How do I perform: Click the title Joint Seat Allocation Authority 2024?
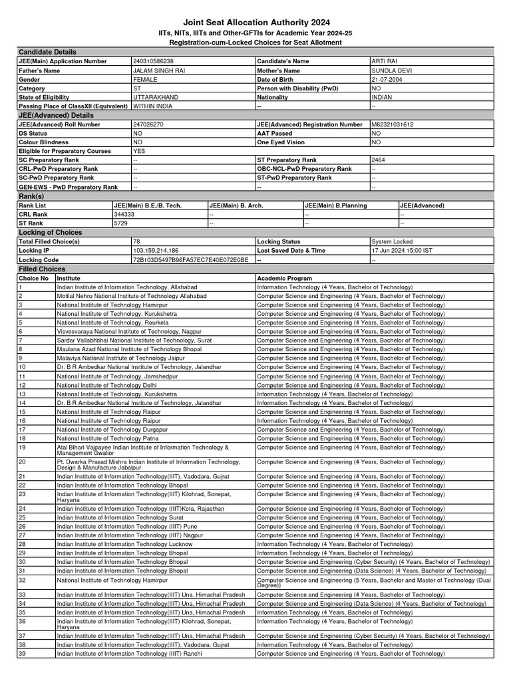point(255,22)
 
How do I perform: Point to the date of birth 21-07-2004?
point(387,79)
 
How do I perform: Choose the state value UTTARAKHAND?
point(156,97)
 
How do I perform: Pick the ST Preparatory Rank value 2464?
point(379,160)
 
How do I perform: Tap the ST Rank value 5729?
point(121,224)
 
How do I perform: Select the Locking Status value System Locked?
point(393,242)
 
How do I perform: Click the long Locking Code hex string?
point(191,260)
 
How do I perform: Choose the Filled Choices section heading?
point(42,269)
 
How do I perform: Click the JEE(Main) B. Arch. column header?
point(237,206)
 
